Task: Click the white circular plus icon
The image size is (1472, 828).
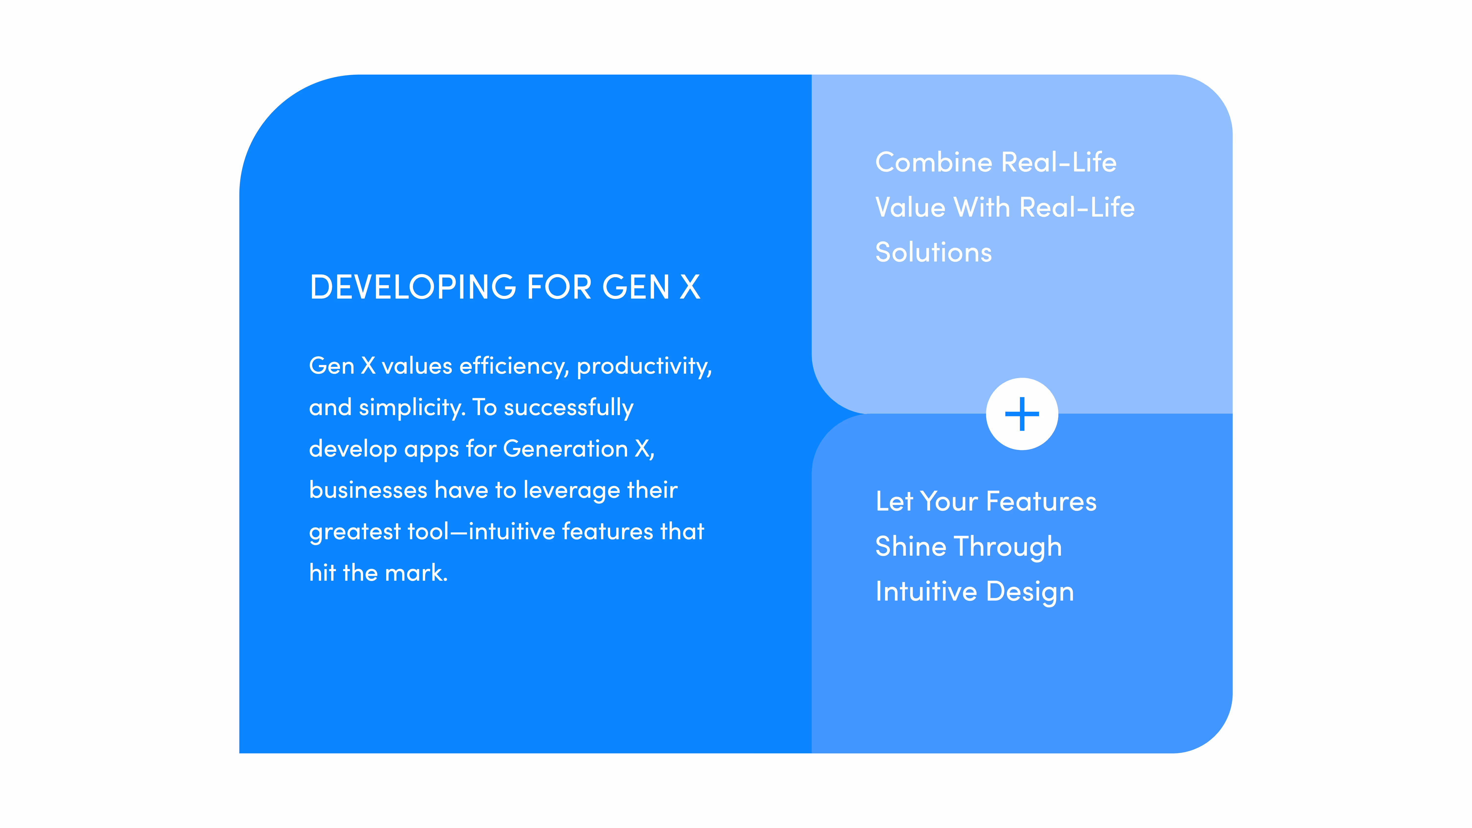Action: click(x=1022, y=414)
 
